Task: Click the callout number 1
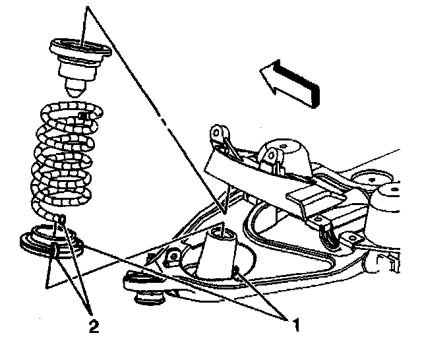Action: tap(296, 324)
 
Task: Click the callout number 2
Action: tap(94, 326)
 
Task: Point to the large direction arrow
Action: tap(290, 83)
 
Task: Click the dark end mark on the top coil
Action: tap(82, 115)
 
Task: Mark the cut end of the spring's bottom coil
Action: tap(61, 218)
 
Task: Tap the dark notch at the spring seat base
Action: tap(236, 270)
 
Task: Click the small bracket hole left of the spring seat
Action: tap(174, 256)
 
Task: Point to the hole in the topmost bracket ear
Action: tap(216, 132)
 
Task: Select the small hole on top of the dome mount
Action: tap(282, 146)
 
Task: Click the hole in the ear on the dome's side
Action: tap(271, 155)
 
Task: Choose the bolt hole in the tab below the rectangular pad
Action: tap(319, 218)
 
